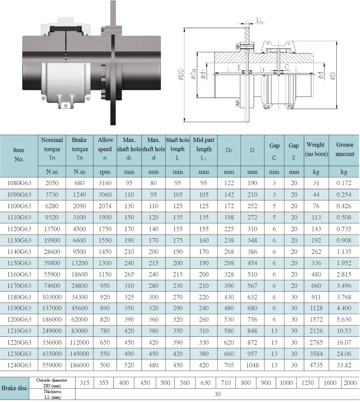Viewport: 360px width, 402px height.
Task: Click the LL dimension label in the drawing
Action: pyautogui.click(x=260, y=20)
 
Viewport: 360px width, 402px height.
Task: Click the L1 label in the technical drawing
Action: pyautogui.click(x=262, y=69)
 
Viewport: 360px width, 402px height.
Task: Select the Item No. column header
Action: pyautogui.click(x=19, y=155)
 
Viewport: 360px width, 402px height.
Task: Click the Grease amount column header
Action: pyautogui.click(x=345, y=149)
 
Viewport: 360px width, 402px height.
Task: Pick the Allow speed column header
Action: pyautogui.click(x=105, y=149)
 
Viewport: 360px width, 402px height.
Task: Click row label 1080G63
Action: pyautogui.click(x=19, y=183)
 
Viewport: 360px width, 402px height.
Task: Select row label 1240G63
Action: pyautogui.click(x=19, y=365)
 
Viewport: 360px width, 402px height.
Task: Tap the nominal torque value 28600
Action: pyautogui.click(x=52, y=251)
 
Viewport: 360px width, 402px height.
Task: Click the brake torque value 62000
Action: pyautogui.click(x=80, y=320)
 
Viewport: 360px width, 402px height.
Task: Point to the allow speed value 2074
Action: pyautogui.click(x=105, y=206)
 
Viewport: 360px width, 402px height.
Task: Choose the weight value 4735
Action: pyautogui.click(x=316, y=365)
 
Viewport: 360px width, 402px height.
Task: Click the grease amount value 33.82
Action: pyautogui.click(x=344, y=365)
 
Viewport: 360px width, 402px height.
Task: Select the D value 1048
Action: pyautogui.click(x=252, y=365)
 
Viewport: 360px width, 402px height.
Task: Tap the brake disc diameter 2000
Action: pyautogui.click(x=350, y=383)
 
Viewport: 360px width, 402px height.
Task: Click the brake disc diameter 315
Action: pyautogui.click(x=85, y=383)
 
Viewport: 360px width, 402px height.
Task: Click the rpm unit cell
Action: pyautogui.click(x=105, y=172)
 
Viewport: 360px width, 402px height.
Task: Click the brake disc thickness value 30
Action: pyautogui.click(x=217, y=394)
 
